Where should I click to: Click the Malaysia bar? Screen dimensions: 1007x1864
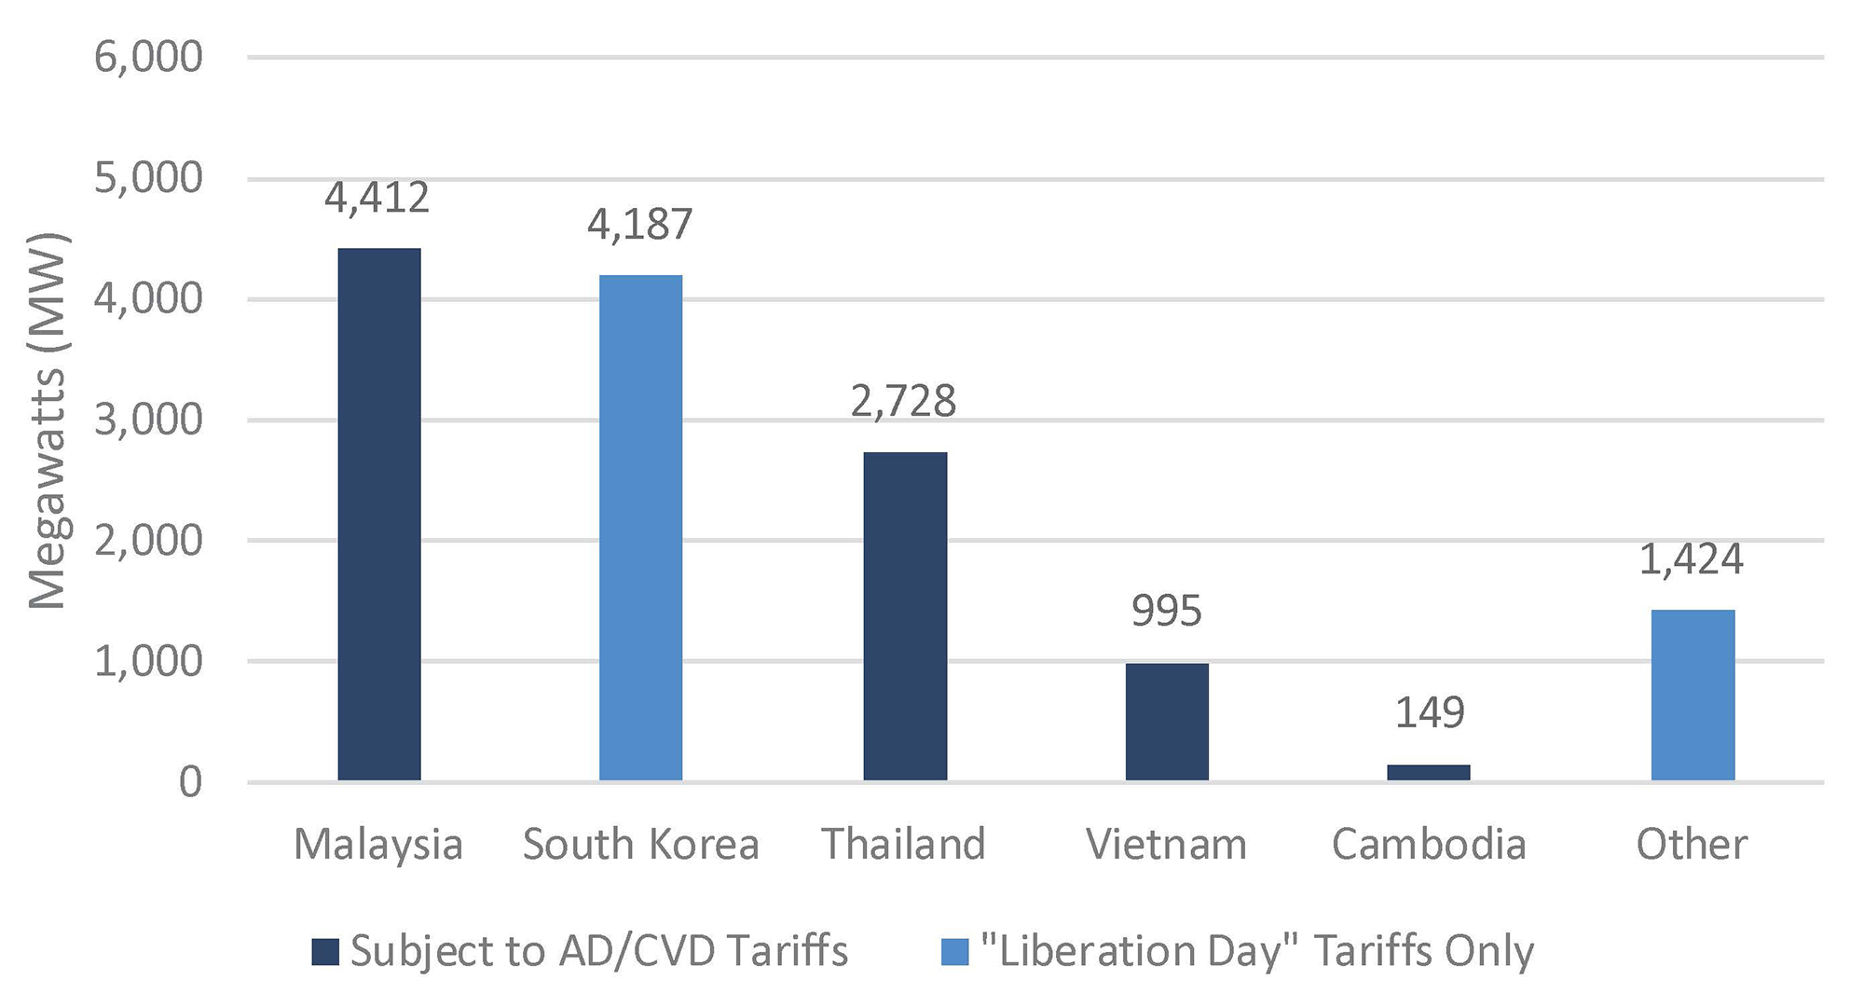(x=378, y=514)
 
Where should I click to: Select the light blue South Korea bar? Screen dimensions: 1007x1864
(x=640, y=528)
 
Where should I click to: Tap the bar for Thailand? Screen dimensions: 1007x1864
(x=904, y=615)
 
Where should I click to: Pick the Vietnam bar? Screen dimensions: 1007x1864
(x=1167, y=721)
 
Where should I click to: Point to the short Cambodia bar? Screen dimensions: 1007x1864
(x=1429, y=772)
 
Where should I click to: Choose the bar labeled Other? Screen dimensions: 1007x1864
(x=1693, y=695)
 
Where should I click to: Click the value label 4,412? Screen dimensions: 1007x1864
(x=377, y=198)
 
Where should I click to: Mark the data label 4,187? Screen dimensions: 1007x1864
(x=640, y=225)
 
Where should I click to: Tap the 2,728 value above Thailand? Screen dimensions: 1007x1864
(x=903, y=401)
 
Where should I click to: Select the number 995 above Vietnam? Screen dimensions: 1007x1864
(x=1167, y=612)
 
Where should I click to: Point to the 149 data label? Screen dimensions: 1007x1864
(x=1430, y=713)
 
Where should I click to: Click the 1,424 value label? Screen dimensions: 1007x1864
(x=1692, y=559)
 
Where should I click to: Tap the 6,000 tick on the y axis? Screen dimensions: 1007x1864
(x=149, y=58)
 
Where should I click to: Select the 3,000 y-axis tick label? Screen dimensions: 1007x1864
(x=149, y=421)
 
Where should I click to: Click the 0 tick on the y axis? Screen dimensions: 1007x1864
(x=190, y=782)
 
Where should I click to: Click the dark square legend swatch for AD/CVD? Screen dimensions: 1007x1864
(x=325, y=952)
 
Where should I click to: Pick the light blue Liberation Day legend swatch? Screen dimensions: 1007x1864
(x=954, y=952)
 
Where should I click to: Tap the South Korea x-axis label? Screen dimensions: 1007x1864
(x=640, y=845)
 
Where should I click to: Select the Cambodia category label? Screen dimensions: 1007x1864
(x=1429, y=845)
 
